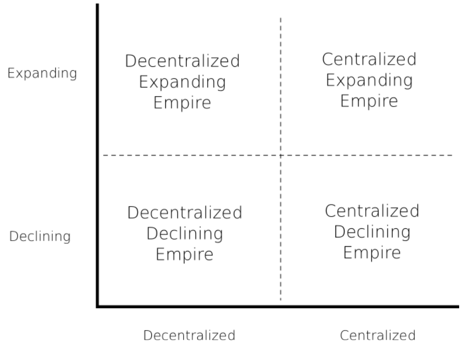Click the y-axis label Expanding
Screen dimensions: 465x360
tap(43, 74)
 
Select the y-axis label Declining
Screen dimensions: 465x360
tap(41, 237)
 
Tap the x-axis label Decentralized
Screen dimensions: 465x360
tap(190, 335)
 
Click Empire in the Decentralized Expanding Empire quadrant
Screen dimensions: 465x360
tap(182, 102)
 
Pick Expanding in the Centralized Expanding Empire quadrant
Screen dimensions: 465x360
tap(369, 81)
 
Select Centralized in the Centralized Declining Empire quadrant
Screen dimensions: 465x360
tap(372, 211)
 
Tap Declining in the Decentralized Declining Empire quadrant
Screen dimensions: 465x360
tap(185, 234)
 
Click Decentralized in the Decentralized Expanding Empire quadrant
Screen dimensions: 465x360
tap(182, 61)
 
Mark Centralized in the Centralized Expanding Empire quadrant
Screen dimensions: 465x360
tap(369, 60)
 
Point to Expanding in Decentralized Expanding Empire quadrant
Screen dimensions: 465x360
tap(182, 82)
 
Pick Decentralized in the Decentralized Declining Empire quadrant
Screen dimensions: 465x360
tap(185, 213)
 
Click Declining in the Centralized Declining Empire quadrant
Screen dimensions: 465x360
tap(372, 232)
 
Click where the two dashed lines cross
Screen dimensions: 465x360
tap(280, 155)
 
